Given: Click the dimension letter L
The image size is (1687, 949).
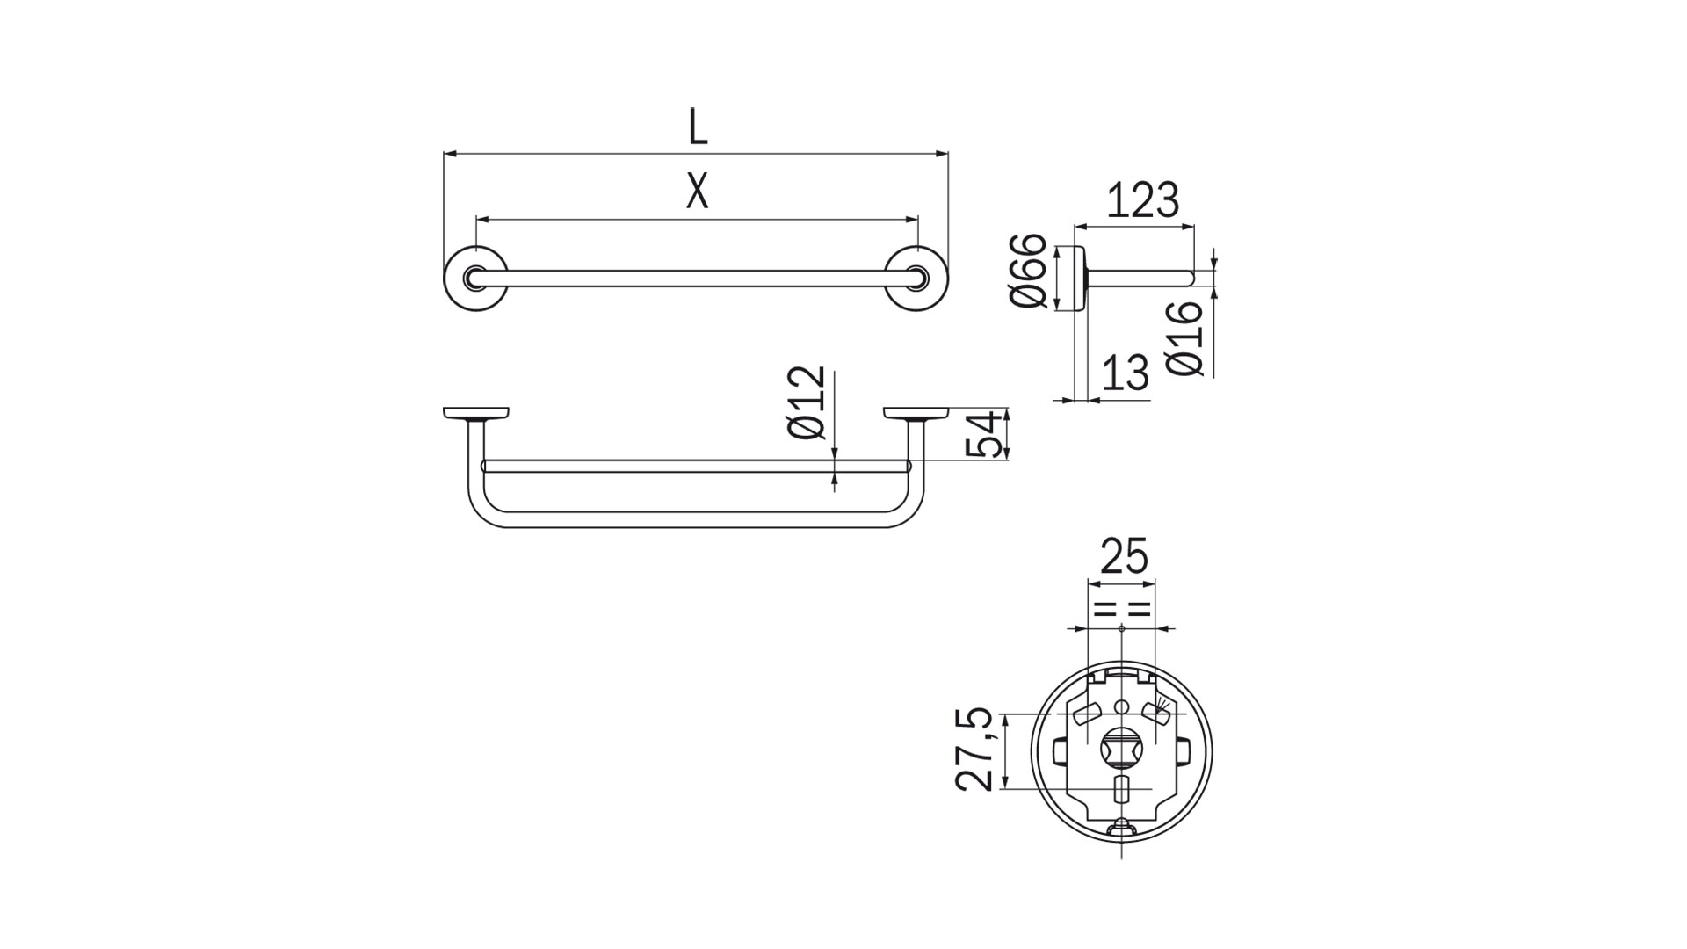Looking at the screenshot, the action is click(698, 127).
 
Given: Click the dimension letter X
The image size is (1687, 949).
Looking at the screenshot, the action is click(697, 191).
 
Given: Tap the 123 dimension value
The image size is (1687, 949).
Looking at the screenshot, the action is click(1141, 200).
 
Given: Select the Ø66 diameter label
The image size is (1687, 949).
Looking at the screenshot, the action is click(1028, 271).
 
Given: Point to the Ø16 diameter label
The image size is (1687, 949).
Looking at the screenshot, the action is click(1185, 338).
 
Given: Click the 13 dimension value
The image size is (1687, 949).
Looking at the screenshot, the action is click(1126, 372).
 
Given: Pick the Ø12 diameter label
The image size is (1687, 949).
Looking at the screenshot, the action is click(807, 402).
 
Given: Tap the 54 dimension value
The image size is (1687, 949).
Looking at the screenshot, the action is click(984, 434).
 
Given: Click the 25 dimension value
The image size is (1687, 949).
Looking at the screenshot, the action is click(1124, 556).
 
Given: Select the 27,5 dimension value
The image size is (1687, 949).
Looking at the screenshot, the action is click(975, 750).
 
